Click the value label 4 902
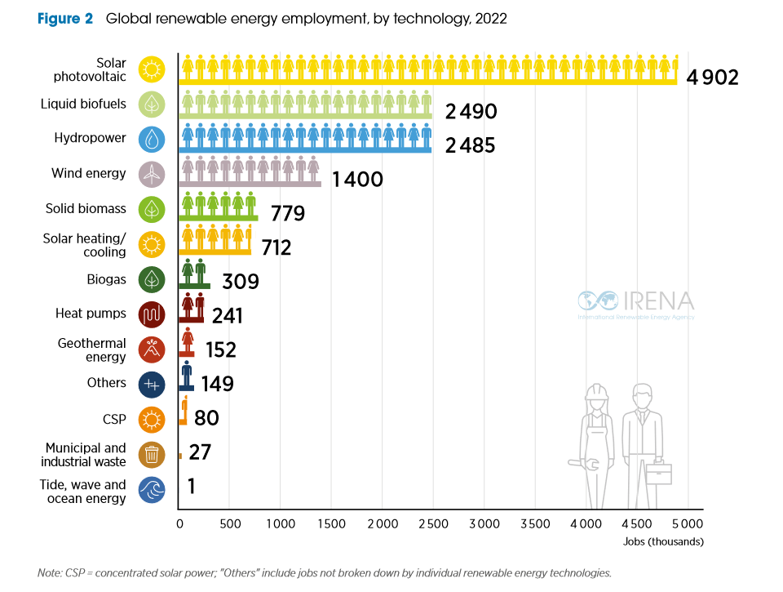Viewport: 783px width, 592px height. tap(712, 78)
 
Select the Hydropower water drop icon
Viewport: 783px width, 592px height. tap(152, 139)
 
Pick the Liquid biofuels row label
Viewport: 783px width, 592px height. tap(83, 104)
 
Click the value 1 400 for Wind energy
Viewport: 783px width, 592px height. tap(357, 179)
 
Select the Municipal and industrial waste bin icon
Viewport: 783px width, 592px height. tap(152, 455)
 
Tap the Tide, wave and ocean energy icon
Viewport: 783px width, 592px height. tap(152, 491)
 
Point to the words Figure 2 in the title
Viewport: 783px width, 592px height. tap(65, 19)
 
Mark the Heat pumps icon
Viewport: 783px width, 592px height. tap(152, 314)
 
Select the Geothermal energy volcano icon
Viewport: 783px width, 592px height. tap(152, 349)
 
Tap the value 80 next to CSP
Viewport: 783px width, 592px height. tap(206, 418)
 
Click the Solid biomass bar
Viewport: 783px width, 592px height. tap(219, 217)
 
